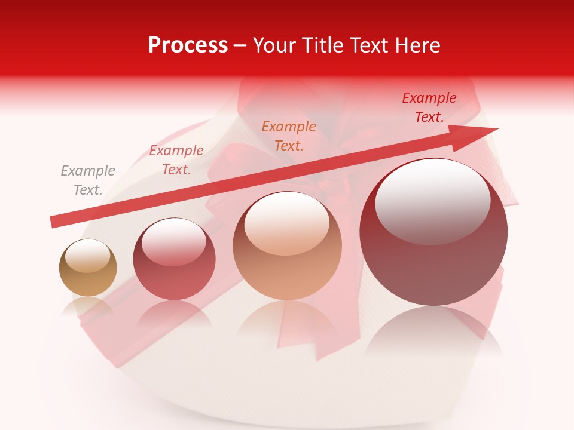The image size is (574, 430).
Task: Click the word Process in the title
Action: click(188, 45)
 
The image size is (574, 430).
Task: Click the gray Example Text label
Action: click(88, 180)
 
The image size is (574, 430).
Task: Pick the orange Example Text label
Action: click(289, 136)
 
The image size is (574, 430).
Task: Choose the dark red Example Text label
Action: click(429, 107)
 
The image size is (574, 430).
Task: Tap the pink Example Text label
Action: click(176, 160)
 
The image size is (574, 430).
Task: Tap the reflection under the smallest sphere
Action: click(88, 308)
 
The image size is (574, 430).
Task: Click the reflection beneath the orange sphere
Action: click(288, 322)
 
